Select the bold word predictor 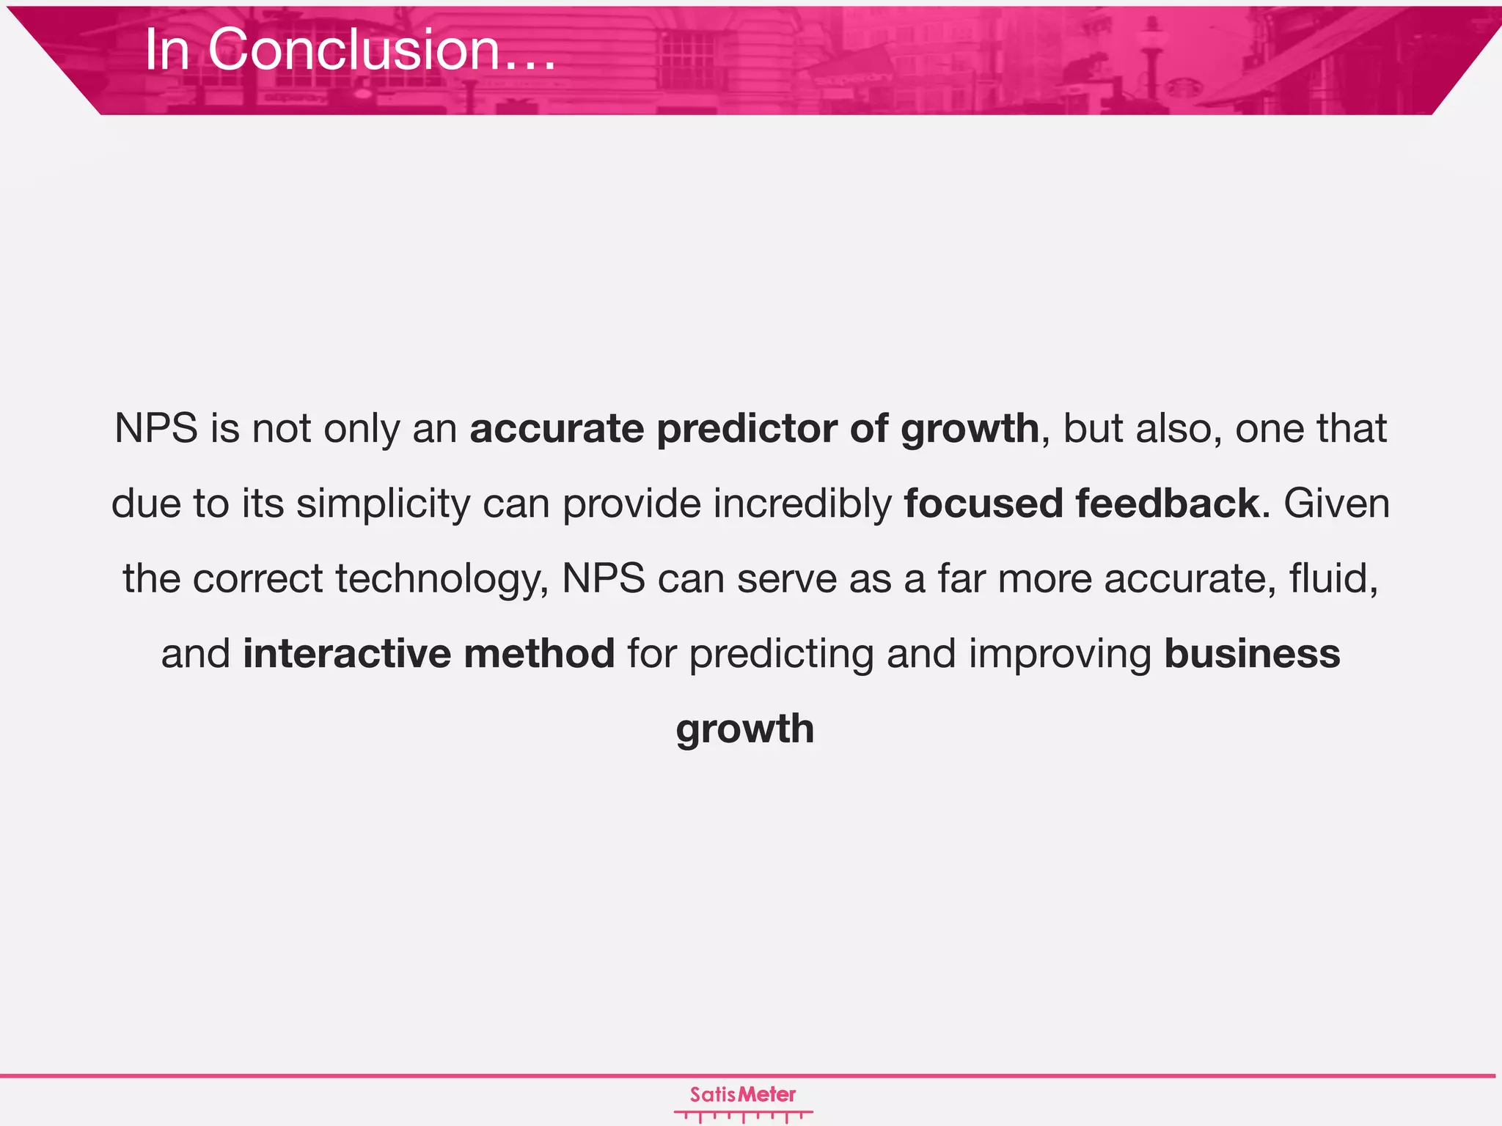click(747, 428)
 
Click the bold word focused click(983, 504)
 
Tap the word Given click(1336, 504)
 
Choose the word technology click(442, 579)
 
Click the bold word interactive click(347, 653)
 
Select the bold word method click(539, 653)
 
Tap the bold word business click(1252, 653)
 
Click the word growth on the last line click(745, 729)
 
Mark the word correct click(257, 579)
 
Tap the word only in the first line click(362, 430)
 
